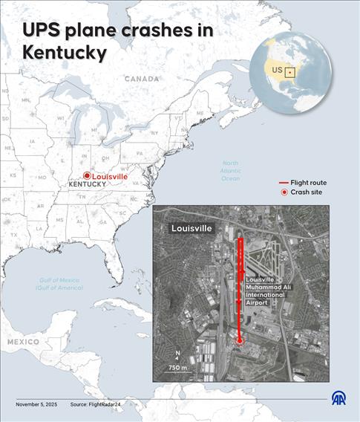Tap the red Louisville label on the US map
pos(110,176)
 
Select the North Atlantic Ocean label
pos(231,171)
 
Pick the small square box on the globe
pos(290,72)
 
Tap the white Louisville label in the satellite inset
pos(192,228)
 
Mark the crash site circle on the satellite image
pos(239,341)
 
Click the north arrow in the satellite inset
pos(177,356)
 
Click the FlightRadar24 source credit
pos(97,404)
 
